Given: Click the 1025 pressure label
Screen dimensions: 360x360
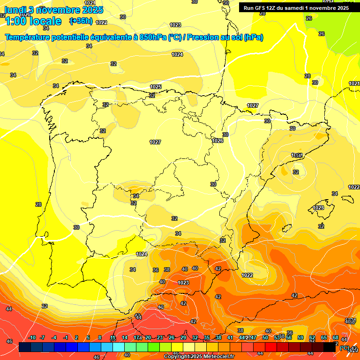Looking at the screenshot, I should [156, 87].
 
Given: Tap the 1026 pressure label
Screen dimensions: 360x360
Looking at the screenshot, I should [217, 141].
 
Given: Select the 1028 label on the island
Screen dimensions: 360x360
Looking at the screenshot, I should [318, 208].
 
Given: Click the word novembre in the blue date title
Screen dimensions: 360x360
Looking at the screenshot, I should [58, 10].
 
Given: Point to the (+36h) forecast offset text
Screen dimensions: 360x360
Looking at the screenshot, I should [81, 21].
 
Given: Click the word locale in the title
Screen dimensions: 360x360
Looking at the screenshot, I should [44, 21].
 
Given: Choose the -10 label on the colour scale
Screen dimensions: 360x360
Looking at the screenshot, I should [32, 338].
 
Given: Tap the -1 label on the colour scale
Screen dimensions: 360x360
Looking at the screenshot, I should [66, 338].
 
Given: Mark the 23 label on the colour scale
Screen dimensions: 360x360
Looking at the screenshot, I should [160, 338].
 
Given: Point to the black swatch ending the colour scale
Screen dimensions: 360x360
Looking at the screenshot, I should [330, 347].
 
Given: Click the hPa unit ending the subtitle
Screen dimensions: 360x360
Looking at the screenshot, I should [254, 37].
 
